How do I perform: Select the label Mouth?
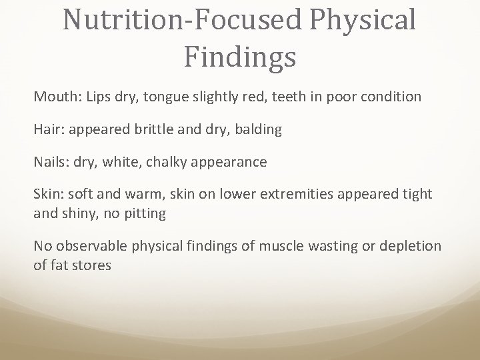(x=56, y=97)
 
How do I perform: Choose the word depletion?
(x=407, y=246)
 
